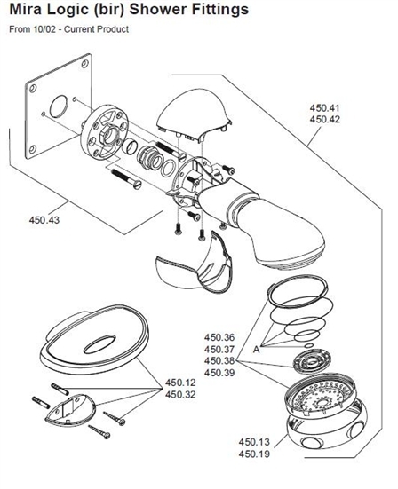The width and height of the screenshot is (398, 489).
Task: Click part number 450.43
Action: pyautogui.click(x=44, y=220)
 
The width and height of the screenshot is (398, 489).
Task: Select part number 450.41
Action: pyautogui.click(x=324, y=108)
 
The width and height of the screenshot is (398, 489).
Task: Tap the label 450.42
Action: pyautogui.click(x=324, y=119)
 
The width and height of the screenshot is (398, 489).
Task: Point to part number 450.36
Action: pyautogui.click(x=219, y=337)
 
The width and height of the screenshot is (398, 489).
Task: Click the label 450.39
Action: pyautogui.click(x=219, y=373)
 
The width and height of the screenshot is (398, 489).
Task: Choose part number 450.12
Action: pyautogui.click(x=180, y=383)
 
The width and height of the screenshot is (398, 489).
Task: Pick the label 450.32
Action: pyautogui.click(x=180, y=394)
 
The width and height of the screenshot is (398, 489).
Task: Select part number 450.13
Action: pyautogui.click(x=254, y=442)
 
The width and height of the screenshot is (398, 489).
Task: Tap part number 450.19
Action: pyautogui.click(x=254, y=454)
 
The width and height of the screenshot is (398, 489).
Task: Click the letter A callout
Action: pyautogui.click(x=256, y=350)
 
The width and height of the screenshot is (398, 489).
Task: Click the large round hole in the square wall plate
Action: pyautogui.click(x=59, y=106)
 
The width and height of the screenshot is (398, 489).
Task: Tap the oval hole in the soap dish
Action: pyautogui.click(x=99, y=344)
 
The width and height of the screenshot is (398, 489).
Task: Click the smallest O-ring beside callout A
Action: pyautogui.click(x=308, y=345)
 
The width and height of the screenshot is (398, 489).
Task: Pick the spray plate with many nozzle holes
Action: pyautogui.click(x=321, y=394)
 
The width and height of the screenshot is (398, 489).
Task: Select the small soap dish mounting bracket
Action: pyautogui.click(x=69, y=409)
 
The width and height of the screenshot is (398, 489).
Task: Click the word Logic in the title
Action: pyautogui.click(x=65, y=10)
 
